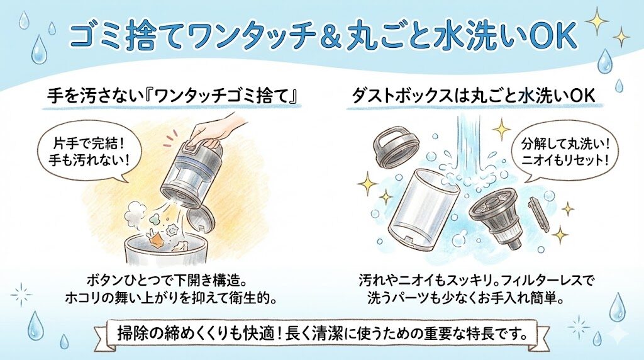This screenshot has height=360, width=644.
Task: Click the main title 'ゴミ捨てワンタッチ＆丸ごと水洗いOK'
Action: point(321,37)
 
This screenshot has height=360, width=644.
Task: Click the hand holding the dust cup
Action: point(217,129)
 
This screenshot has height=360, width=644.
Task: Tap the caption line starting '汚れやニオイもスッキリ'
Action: point(475,279)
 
